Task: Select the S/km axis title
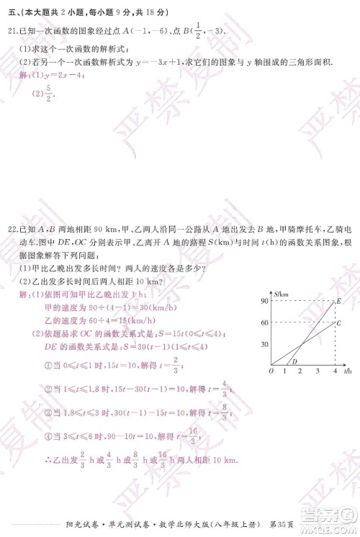tap(281, 294)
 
